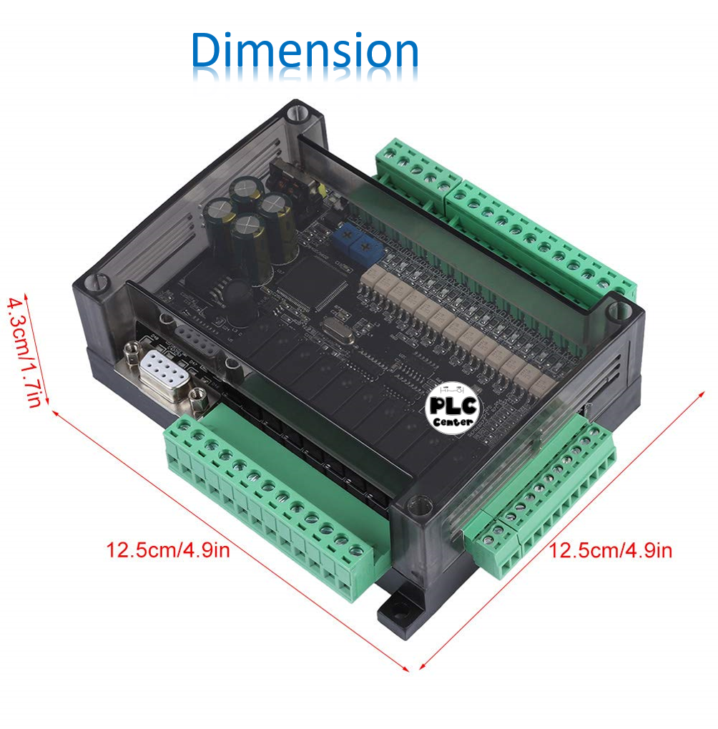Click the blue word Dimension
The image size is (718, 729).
[x=305, y=52]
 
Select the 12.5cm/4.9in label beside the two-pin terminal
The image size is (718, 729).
[x=610, y=550]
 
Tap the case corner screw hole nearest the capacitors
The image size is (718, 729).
[x=298, y=113]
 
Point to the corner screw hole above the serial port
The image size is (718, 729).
[x=97, y=283]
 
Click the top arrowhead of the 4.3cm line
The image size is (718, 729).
[x=26, y=295]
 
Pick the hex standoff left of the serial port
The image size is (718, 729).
[x=132, y=353]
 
